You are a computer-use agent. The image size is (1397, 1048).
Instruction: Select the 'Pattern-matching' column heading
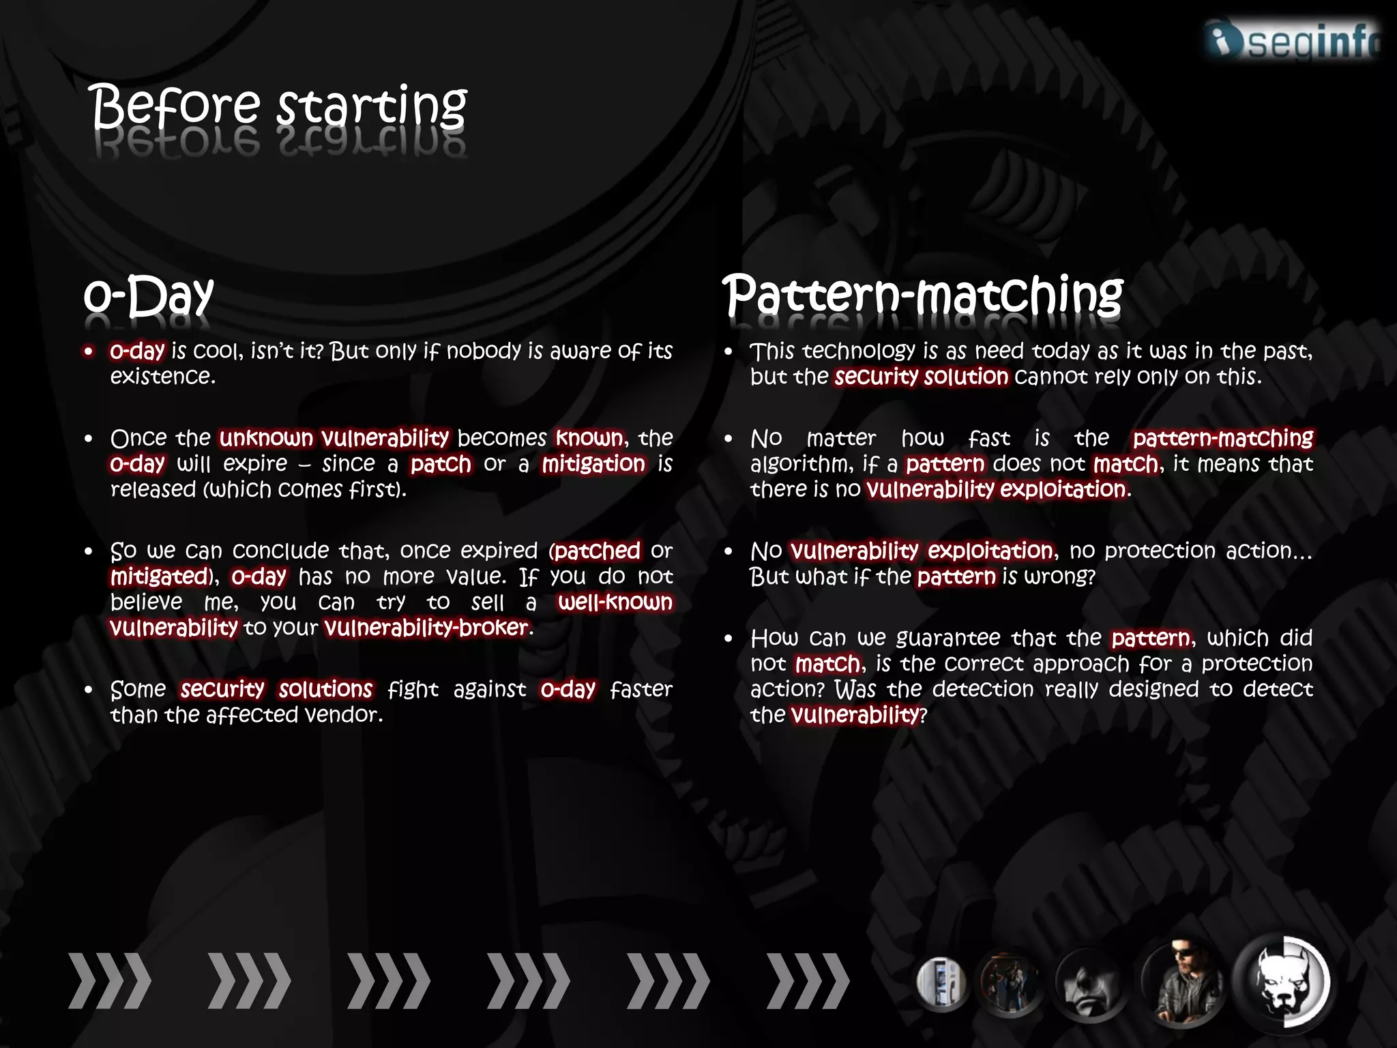[922, 295]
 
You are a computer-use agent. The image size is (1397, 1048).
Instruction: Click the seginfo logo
[1293, 40]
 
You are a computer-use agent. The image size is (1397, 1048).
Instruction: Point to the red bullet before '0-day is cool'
[89, 351]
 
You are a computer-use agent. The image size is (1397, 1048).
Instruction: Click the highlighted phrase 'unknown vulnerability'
[334, 438]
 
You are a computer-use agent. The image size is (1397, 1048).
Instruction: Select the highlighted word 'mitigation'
[593, 464]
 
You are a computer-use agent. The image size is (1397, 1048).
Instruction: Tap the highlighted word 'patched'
[597, 551]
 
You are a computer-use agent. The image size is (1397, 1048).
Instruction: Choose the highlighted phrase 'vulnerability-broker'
[427, 628]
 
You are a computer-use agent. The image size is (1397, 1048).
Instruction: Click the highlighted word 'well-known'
[615, 602]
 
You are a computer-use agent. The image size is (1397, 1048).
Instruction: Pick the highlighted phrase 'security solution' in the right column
[922, 377]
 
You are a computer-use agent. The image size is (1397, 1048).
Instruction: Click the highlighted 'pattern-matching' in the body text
[1223, 438]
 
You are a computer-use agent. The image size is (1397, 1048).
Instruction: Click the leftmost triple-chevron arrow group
[110, 980]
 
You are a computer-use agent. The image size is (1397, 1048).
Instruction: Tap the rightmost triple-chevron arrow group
[808, 980]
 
